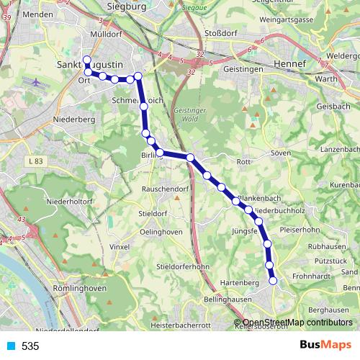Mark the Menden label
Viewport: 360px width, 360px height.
(38, 14)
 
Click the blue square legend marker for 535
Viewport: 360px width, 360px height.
(11, 346)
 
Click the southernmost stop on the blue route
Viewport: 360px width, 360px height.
(273, 281)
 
